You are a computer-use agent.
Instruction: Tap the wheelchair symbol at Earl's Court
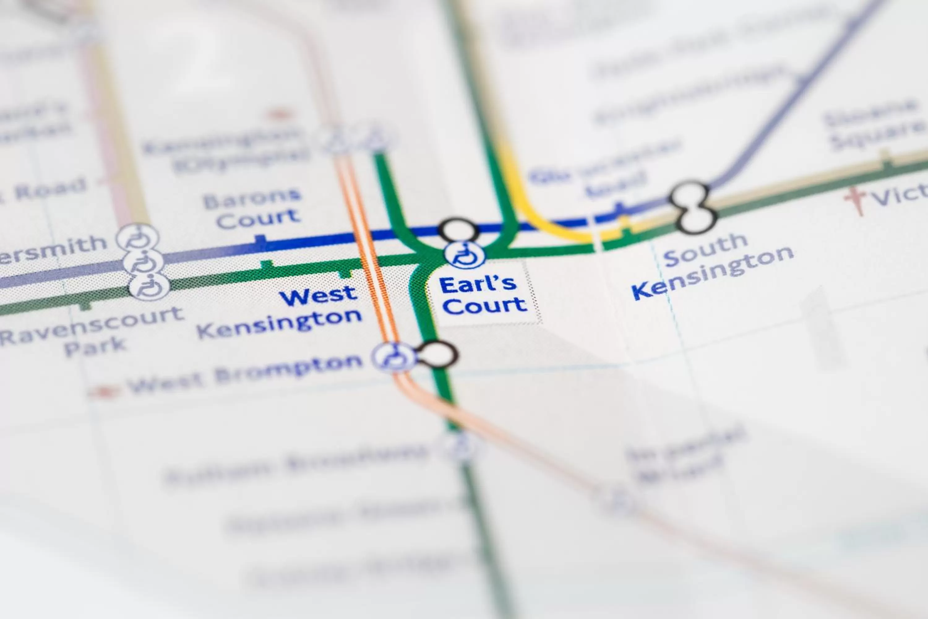[x=466, y=255]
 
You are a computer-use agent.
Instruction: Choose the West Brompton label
[x=245, y=373]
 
